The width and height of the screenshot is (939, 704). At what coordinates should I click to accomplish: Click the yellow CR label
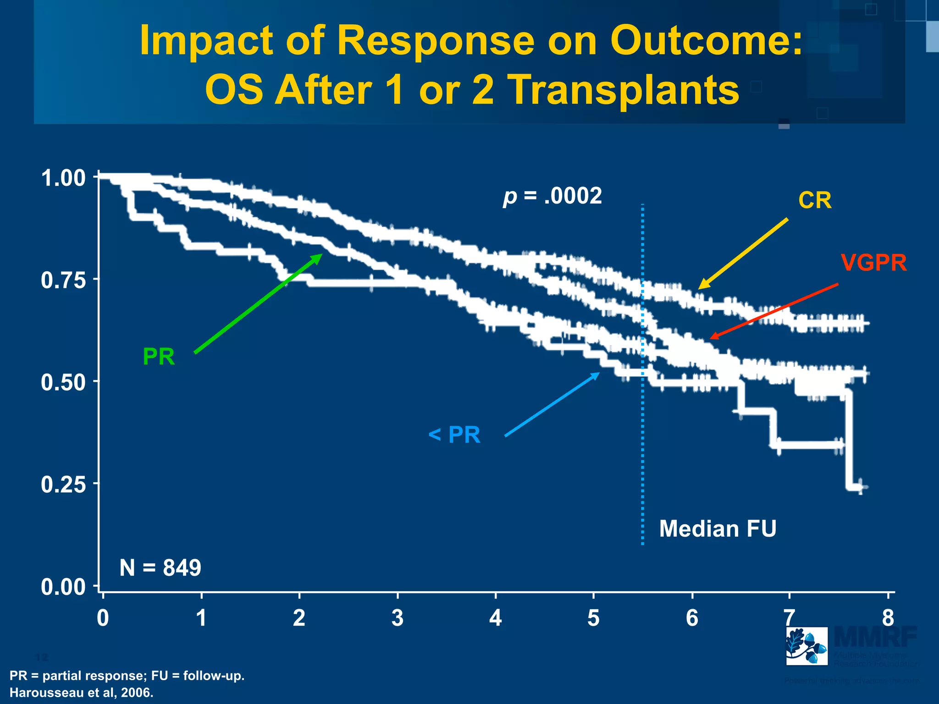point(815,200)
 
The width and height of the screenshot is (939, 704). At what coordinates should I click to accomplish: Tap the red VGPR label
point(873,263)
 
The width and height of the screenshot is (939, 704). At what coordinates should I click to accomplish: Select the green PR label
point(159,357)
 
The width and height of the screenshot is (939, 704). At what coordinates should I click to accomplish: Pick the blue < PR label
point(454,434)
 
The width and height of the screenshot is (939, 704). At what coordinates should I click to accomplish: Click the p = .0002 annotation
point(552,196)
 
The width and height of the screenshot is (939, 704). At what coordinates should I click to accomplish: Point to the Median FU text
point(718,529)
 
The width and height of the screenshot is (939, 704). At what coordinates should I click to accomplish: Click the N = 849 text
point(160,568)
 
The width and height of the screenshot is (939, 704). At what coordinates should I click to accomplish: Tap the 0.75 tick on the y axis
point(63,280)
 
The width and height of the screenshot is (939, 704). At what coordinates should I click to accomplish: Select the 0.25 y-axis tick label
point(63,484)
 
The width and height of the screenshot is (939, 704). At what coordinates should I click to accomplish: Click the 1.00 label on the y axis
point(63,178)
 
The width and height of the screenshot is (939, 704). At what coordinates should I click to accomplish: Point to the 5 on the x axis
point(593,618)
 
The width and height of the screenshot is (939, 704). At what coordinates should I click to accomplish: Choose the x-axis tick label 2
point(299,618)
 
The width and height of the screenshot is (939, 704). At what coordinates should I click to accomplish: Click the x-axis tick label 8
point(888,618)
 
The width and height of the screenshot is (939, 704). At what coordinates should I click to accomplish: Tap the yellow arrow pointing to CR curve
point(743,254)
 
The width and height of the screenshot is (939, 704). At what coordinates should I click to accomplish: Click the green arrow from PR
point(258,303)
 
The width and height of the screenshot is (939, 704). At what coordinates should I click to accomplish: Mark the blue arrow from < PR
point(552,404)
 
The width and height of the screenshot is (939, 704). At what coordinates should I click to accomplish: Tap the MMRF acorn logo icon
point(806,646)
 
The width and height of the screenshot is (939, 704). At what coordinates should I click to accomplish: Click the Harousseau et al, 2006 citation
point(82,693)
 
